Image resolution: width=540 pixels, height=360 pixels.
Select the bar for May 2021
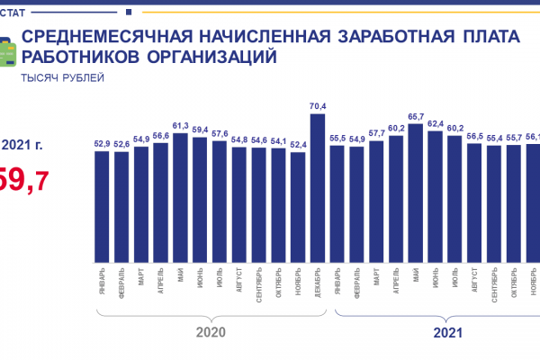(416, 192)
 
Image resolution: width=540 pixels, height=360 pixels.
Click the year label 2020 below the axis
(210, 332)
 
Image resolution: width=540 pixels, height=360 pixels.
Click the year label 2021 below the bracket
(447, 332)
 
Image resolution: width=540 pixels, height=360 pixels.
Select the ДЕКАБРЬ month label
(318, 283)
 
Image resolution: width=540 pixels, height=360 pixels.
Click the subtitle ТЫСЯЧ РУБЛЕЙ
(63, 77)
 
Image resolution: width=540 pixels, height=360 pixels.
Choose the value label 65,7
(416, 117)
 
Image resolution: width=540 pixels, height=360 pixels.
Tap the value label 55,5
(337, 138)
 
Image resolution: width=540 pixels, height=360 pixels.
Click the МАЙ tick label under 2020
(181, 275)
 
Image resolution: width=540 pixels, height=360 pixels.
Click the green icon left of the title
(5, 49)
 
